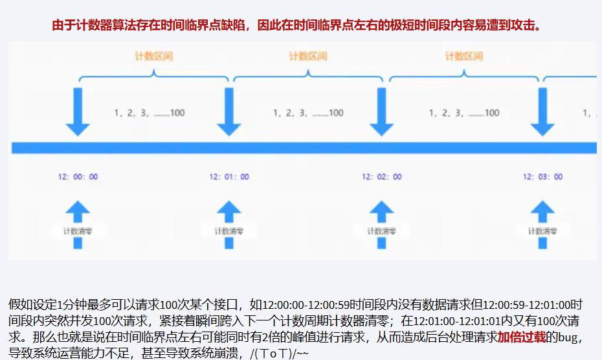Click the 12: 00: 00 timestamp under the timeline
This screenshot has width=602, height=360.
click(78, 177)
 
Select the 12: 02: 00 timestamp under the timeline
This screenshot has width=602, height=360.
click(381, 177)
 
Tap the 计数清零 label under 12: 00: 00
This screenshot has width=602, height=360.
click(77, 231)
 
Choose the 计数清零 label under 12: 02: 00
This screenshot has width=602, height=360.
click(381, 231)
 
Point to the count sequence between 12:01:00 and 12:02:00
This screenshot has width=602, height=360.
click(308, 113)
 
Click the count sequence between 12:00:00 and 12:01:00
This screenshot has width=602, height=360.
click(150, 113)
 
